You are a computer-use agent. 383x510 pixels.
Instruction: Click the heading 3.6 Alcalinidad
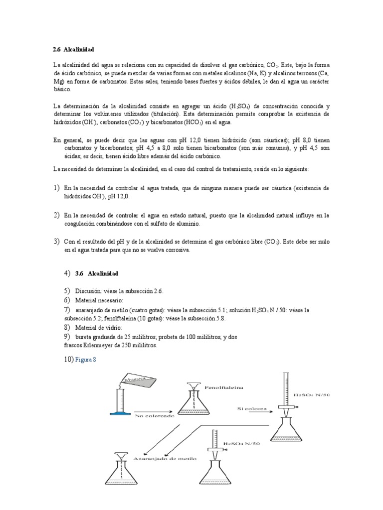(x=97, y=273)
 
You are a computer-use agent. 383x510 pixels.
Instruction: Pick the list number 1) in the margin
(x=56, y=188)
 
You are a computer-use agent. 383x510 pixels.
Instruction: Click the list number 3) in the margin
(x=56, y=242)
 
